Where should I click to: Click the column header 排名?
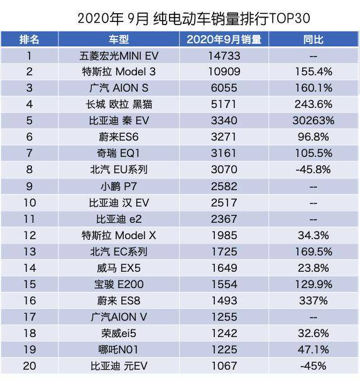point(29,40)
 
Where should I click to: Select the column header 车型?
point(119,40)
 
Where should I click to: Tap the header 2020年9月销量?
point(224,40)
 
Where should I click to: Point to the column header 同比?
point(313,40)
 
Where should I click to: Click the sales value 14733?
point(224,56)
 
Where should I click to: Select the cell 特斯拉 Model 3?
point(119,72)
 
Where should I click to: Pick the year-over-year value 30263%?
point(313,121)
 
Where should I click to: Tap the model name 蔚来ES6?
point(119,137)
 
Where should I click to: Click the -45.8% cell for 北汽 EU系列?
point(313,169)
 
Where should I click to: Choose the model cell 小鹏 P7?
point(119,186)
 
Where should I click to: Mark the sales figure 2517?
point(224,203)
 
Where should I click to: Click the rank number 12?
point(29,235)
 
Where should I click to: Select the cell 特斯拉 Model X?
point(119,235)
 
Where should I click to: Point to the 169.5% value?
point(313,252)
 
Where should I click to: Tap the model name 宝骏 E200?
point(119,284)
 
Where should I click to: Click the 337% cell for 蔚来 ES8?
point(313,301)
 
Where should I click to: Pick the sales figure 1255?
point(224,317)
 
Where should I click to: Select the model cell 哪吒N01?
point(119,350)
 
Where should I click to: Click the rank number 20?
point(29,366)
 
